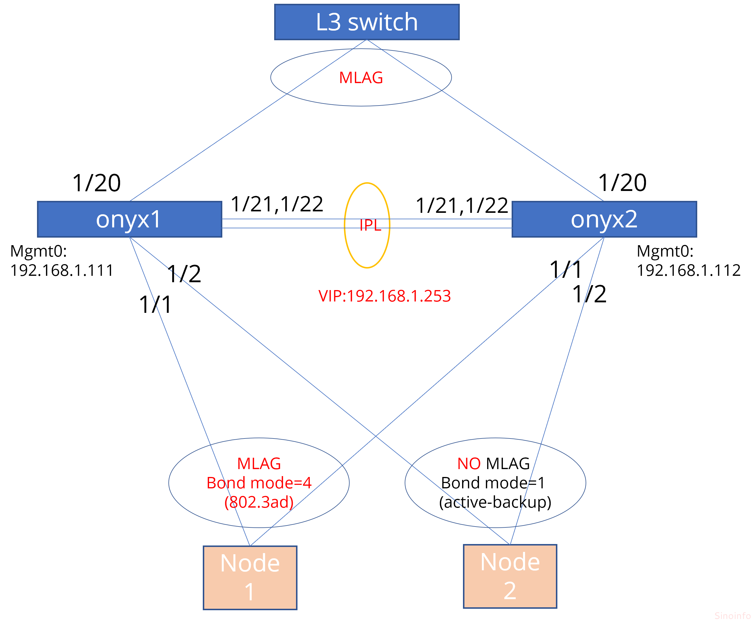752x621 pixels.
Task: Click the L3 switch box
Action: pyautogui.click(x=367, y=22)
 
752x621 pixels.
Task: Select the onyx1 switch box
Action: pyautogui.click(x=129, y=219)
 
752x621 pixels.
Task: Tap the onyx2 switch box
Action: pyautogui.click(x=604, y=219)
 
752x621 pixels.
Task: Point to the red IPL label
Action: pyautogui.click(x=370, y=225)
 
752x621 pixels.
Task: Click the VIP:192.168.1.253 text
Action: pyautogui.click(x=385, y=296)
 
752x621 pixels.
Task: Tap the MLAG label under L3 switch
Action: pyautogui.click(x=361, y=78)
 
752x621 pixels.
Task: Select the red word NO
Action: pyautogui.click(x=469, y=464)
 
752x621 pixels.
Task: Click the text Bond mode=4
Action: pyautogui.click(x=259, y=483)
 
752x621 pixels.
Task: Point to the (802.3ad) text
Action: pyautogui.click(x=259, y=502)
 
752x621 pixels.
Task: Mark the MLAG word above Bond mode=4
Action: pyautogui.click(x=259, y=464)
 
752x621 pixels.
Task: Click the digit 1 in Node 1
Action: pyautogui.click(x=250, y=592)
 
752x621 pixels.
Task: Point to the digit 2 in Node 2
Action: pyautogui.click(x=510, y=591)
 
